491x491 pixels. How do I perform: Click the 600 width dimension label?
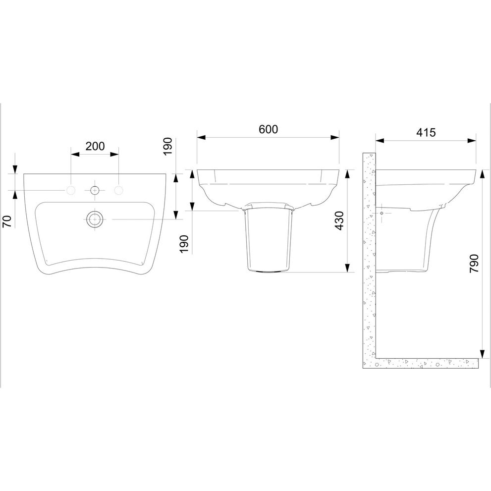[x=269, y=129]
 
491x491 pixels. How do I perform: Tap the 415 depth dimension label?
[x=426, y=132]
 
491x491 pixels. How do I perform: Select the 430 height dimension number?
[x=339, y=221]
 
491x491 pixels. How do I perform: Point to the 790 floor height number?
[x=475, y=264]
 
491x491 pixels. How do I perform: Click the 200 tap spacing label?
[x=95, y=146]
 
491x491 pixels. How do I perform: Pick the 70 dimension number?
[x=7, y=221]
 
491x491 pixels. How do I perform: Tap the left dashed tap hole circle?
[x=71, y=190]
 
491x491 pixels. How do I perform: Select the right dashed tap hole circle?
[x=119, y=190]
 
